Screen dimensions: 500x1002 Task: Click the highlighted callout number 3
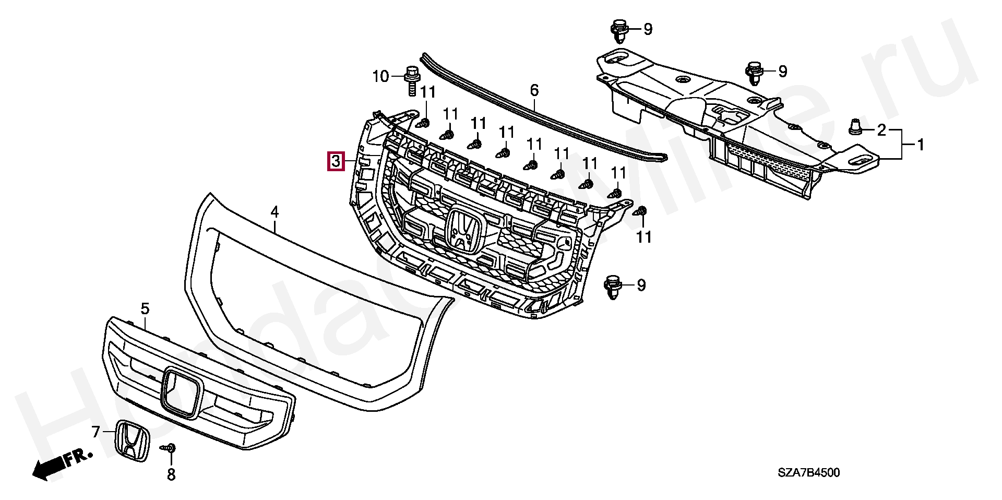336,161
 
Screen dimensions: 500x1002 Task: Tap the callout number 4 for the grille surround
275,212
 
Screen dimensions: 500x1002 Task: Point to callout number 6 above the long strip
534,91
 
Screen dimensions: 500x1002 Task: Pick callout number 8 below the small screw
171,475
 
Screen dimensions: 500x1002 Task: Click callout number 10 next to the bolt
380,77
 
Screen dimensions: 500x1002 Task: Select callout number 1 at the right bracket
920,145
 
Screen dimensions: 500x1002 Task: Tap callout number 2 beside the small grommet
881,130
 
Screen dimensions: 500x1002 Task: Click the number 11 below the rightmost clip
644,237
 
